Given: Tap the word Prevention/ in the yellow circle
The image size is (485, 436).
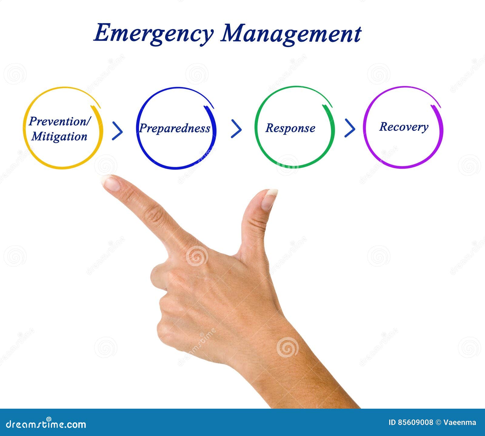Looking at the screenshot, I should point(60,121).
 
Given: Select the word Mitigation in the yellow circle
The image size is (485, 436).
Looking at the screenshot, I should point(59,136).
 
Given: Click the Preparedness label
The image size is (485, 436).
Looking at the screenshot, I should point(175,128).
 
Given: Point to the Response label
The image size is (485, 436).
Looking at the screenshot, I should point(290,128).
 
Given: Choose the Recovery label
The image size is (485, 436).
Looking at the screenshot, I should point(404,127).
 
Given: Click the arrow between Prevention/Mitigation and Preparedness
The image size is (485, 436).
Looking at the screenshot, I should point(117,131).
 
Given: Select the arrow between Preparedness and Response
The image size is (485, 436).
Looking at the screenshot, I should point(236,129).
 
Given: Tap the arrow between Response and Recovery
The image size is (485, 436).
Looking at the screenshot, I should point(350,128).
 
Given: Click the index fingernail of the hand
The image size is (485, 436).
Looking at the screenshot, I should point(111,183).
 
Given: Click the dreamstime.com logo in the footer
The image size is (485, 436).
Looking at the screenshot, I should point(46,424).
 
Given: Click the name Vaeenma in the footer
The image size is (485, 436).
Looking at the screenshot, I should point(460,422).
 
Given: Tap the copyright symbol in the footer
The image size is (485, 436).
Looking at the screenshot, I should point(438,422).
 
